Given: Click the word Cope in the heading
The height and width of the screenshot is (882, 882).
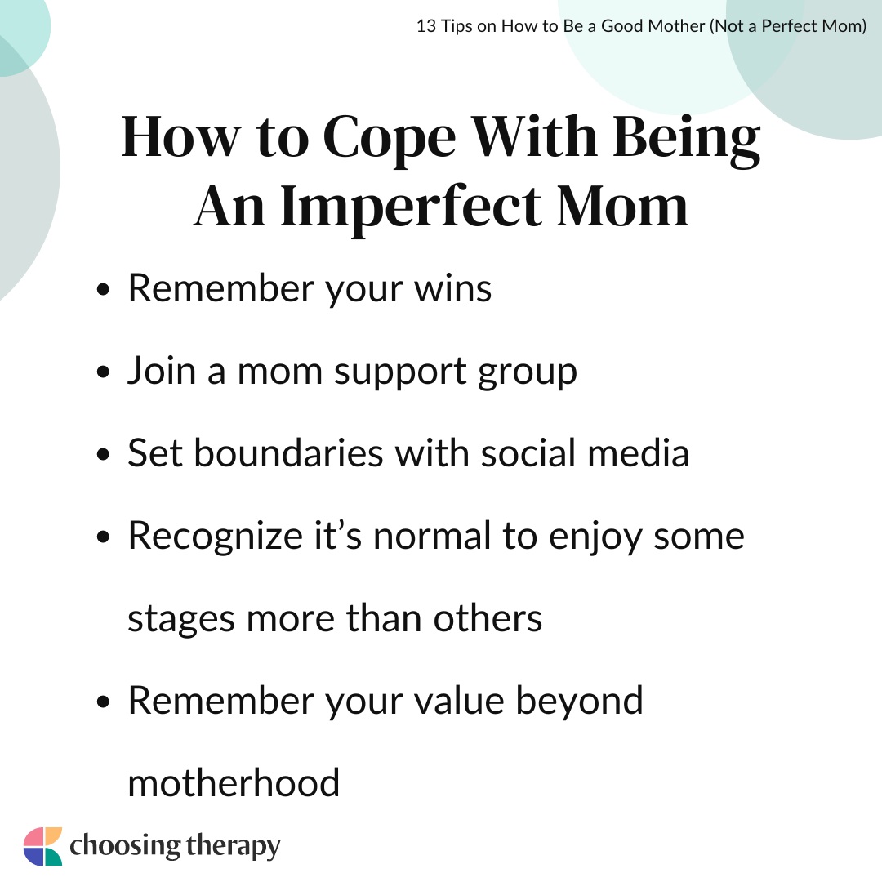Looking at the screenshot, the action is coord(390,138).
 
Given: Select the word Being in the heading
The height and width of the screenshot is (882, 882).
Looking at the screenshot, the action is coord(686,138).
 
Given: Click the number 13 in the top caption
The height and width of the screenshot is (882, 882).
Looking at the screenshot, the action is coord(425,26).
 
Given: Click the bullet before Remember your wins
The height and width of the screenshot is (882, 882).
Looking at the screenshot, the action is coord(103,290).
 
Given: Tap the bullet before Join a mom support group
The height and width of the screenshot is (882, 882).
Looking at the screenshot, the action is coord(103,372).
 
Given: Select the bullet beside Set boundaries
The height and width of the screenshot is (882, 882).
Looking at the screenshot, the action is coord(103,454).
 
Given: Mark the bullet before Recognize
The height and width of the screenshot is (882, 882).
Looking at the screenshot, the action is coord(103,537).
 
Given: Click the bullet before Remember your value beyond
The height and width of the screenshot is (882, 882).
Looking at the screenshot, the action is coord(103,702).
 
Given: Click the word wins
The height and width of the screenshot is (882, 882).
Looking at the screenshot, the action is coord(452,288).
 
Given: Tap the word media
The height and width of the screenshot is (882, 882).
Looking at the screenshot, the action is coord(639,452).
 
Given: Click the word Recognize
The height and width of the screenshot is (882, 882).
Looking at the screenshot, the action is coord(216,537).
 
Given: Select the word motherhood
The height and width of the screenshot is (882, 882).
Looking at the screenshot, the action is coord(234,782).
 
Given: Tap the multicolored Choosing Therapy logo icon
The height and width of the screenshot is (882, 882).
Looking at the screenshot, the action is coord(42,846).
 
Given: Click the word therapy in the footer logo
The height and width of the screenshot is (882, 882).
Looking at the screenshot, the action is coord(233,847).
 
